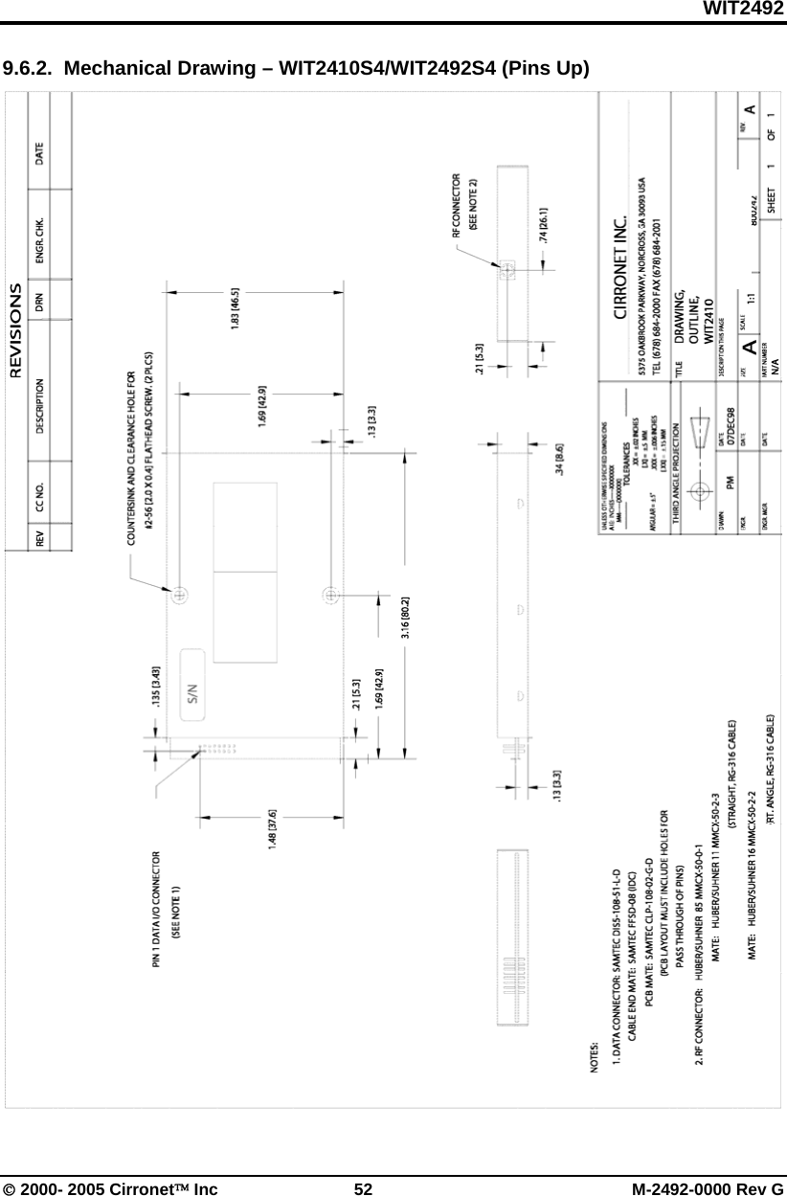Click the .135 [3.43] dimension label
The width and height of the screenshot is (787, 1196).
coord(156,677)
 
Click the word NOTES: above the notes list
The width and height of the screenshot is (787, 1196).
coord(597,1063)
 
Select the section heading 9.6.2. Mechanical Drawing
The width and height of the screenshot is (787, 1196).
coord(295,69)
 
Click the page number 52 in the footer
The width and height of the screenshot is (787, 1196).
coord(363,1188)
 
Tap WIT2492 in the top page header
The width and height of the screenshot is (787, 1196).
coord(745,9)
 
